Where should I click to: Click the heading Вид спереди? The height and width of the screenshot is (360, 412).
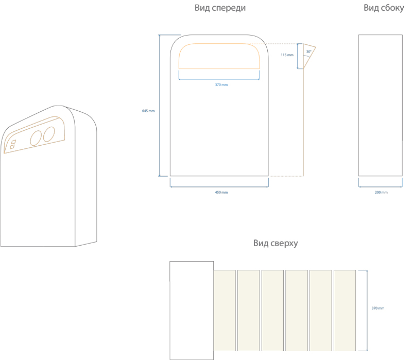tap(220, 8)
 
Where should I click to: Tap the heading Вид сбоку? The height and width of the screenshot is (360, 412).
tap(384, 8)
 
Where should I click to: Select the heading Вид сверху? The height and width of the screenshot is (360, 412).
tap(276, 243)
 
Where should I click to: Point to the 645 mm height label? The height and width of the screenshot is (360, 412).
tap(148, 111)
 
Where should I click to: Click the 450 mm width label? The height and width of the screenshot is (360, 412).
tap(221, 192)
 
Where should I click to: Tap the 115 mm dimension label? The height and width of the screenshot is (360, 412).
tap(287, 55)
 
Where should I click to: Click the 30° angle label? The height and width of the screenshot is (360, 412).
tap(308, 52)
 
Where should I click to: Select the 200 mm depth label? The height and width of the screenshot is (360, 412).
tap(381, 192)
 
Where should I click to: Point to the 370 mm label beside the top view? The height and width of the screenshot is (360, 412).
tap(378, 308)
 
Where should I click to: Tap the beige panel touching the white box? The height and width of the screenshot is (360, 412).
tap(224, 310)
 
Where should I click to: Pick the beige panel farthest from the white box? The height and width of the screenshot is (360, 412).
tap(345, 310)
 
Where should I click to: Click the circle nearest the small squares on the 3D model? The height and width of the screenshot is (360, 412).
tap(36, 138)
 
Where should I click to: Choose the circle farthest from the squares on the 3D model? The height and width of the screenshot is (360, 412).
tap(49, 134)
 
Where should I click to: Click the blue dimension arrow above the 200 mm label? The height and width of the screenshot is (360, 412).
tap(380, 186)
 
